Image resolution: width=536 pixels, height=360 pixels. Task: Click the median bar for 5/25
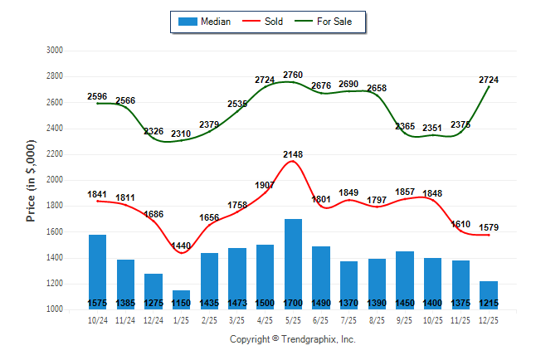[x=293, y=261]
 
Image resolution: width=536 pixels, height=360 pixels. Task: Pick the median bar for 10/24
[x=97, y=270]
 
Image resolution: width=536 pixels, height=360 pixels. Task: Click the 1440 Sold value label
[x=181, y=246]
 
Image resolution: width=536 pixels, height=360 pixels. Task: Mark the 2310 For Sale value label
[x=181, y=134]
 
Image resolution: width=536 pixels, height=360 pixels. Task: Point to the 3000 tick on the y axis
[x=55, y=51]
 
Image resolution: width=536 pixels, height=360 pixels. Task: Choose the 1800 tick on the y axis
[x=55, y=206]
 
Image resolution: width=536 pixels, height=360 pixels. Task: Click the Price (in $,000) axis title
[x=32, y=180]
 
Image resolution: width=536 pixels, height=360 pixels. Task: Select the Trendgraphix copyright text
[x=292, y=339]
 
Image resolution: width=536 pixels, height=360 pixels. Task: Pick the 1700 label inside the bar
[x=293, y=303]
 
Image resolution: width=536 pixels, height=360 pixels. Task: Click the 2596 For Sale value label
[x=97, y=97]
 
